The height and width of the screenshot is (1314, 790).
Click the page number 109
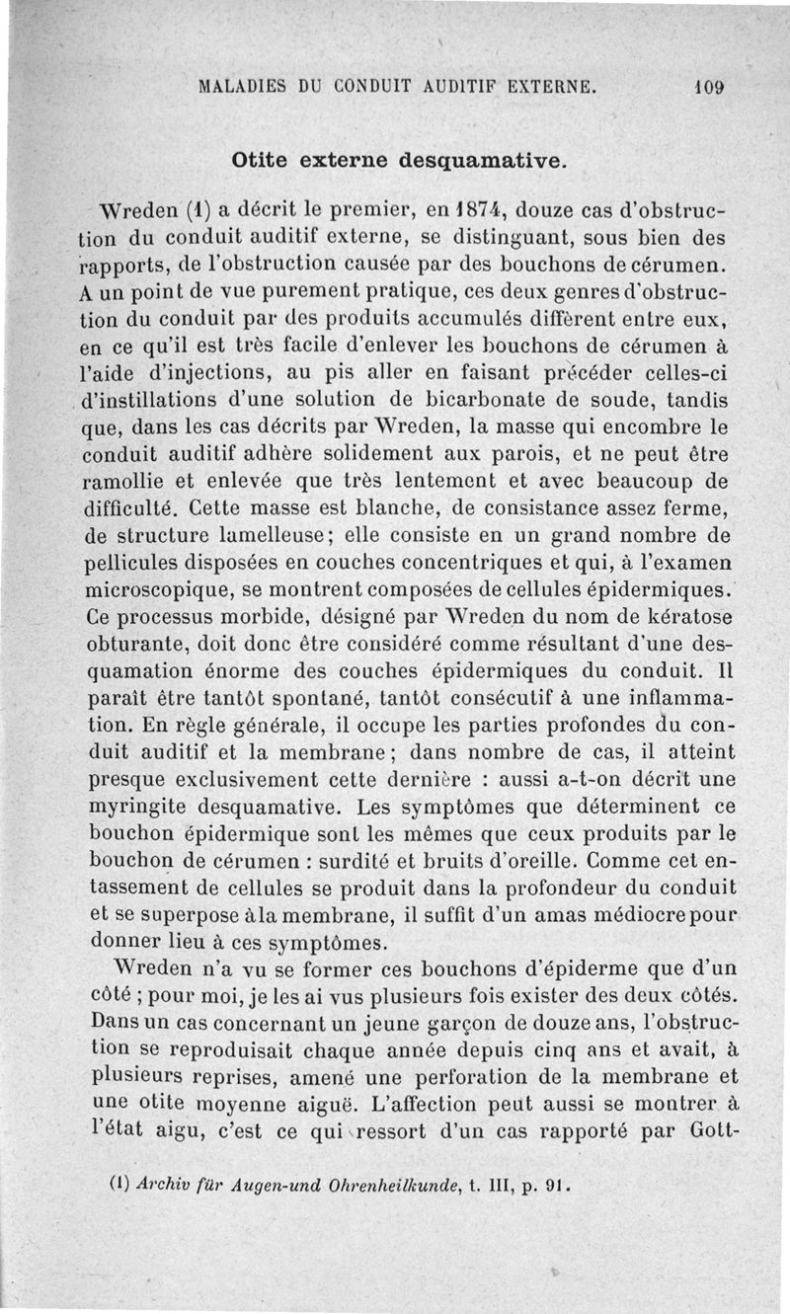(709, 86)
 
